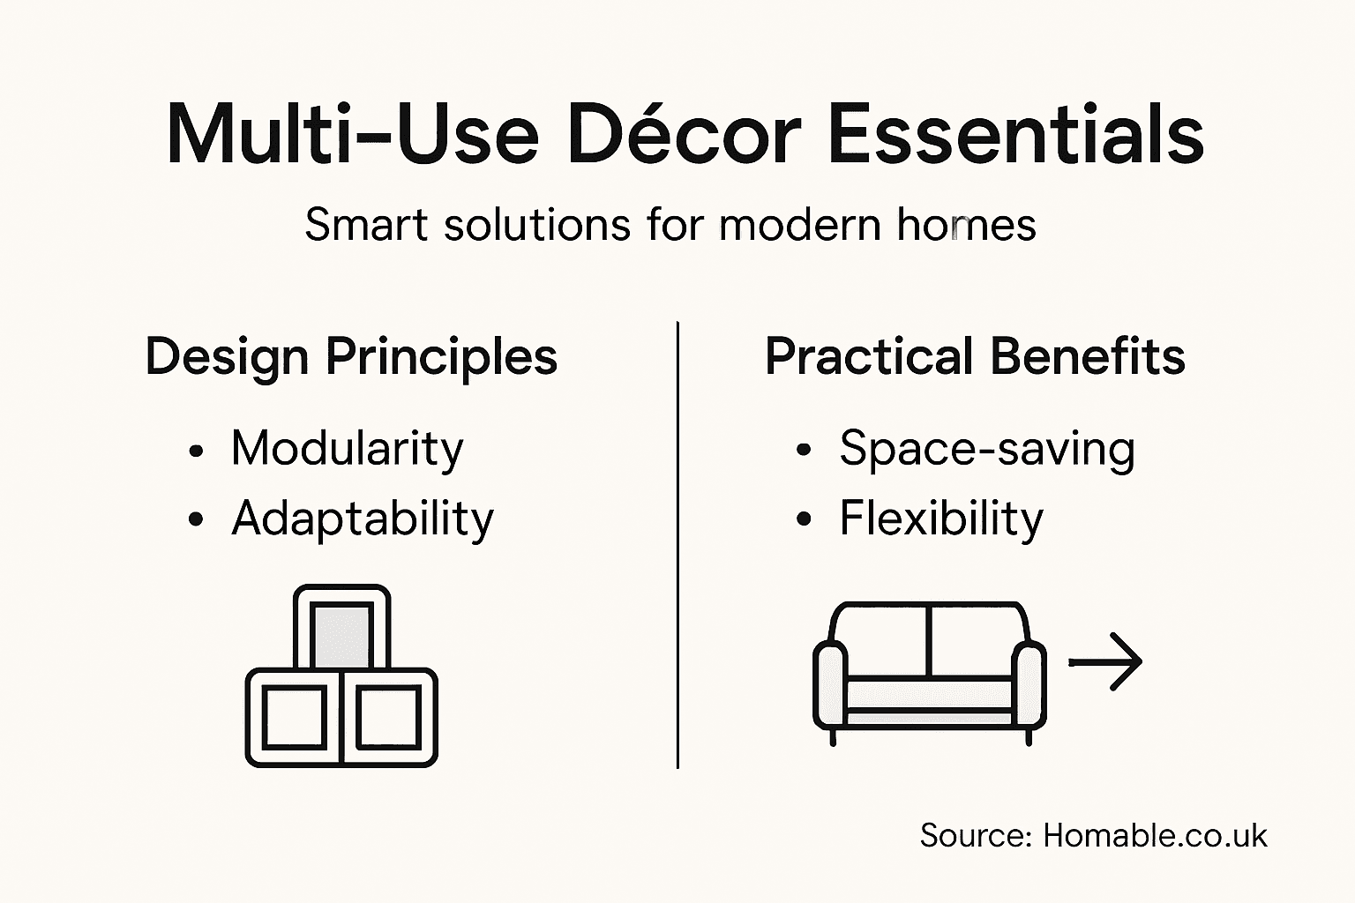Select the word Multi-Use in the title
point(352,135)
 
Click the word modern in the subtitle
point(799,225)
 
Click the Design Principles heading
point(351,358)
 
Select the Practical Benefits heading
point(975,357)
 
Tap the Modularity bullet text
point(347,449)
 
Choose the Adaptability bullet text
point(363,519)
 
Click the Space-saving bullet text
point(986,449)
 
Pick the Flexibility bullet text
point(940,519)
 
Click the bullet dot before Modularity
point(196,451)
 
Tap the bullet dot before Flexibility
point(803,520)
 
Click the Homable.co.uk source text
point(1154,835)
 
